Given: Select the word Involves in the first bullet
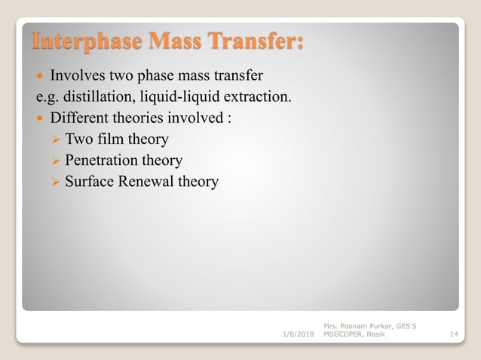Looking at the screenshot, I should [74, 75].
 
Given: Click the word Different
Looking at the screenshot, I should [80, 117].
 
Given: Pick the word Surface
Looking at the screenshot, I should [89, 182].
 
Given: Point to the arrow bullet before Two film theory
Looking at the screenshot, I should [54, 139].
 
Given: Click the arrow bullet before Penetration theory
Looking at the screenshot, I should [54, 160].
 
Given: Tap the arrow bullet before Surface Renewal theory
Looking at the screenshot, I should [54, 182].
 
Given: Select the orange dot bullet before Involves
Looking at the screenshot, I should [40, 76].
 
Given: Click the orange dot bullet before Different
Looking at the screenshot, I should [40, 118].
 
